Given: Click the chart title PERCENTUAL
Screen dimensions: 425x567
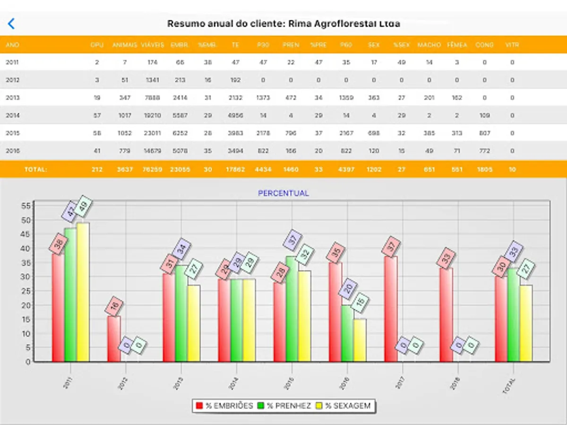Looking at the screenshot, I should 283,193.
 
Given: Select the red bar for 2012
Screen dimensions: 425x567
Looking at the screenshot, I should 113,338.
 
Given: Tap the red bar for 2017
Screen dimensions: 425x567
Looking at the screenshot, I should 391,309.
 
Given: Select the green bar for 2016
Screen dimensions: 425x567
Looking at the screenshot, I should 347,333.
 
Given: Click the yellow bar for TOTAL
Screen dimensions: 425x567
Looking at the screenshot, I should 526,323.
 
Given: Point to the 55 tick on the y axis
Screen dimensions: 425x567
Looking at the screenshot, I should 26,206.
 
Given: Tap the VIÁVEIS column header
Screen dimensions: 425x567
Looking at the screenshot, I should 152,45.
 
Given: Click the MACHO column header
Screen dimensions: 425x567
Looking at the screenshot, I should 429,45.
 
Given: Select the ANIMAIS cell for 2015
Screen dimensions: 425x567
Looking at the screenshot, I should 125,133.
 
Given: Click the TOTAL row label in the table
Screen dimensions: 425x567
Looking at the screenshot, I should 36,169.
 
